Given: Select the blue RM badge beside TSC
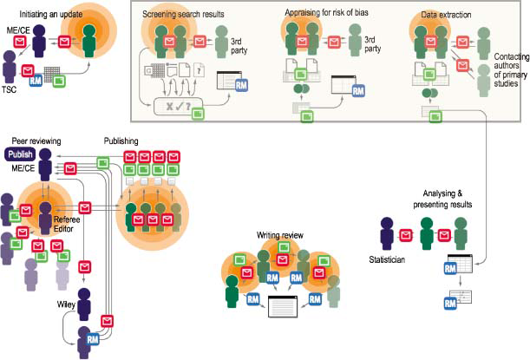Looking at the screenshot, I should [36, 81].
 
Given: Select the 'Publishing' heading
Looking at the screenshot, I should [121, 141].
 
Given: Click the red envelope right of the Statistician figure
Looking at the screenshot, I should [406, 234].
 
